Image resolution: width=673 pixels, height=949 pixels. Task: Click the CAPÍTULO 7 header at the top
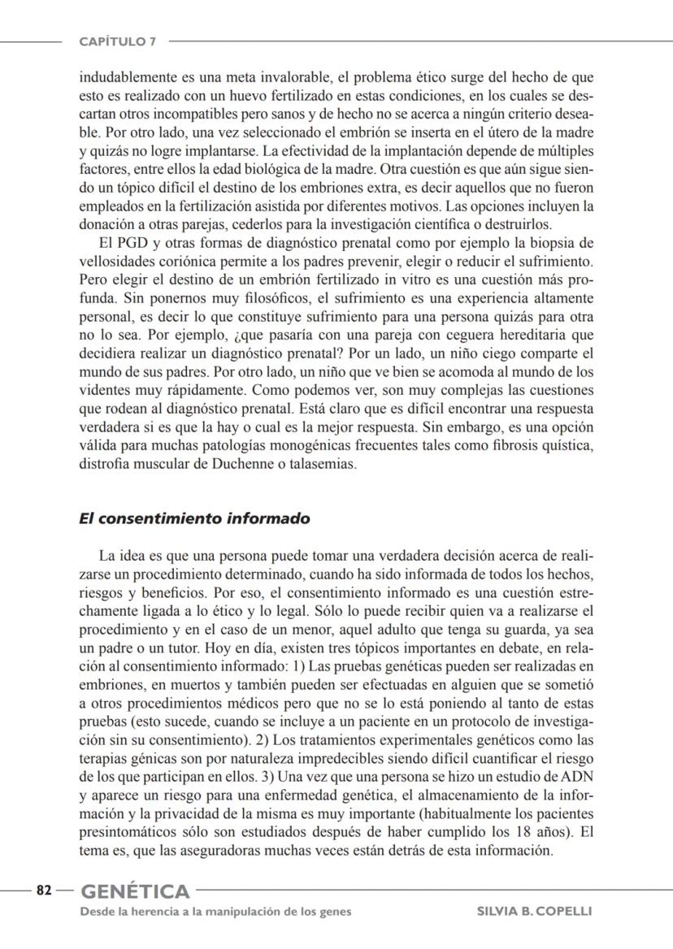tap(118, 41)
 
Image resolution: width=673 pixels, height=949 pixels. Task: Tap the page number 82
tap(42, 890)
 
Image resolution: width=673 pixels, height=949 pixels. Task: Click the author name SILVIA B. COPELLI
tap(534, 912)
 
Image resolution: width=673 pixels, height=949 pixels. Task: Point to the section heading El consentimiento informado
tap(194, 518)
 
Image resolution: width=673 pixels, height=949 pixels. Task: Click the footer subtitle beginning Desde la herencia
tap(215, 912)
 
